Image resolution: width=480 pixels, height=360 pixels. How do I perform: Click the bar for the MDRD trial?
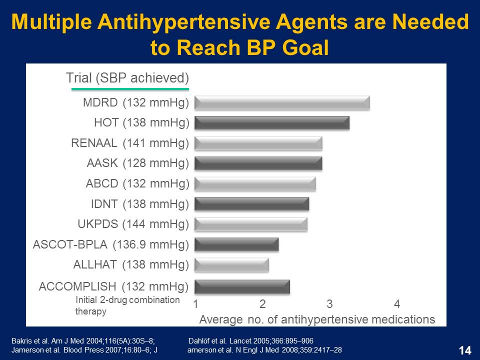pyautogui.click(x=281, y=103)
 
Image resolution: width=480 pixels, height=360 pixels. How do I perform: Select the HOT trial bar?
pyautogui.click(x=271, y=123)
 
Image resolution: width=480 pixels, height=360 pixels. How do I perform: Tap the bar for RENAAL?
pyautogui.click(x=258, y=143)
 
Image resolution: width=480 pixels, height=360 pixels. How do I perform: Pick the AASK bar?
pyautogui.click(x=258, y=163)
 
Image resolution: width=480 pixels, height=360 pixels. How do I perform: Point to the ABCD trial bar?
pyautogui.click(x=255, y=184)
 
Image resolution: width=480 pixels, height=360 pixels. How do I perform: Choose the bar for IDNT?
pyautogui.click(x=251, y=204)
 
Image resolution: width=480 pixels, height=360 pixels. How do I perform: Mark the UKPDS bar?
pyautogui.click(x=250, y=224)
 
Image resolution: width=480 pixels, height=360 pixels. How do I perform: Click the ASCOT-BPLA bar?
pyautogui.click(x=236, y=244)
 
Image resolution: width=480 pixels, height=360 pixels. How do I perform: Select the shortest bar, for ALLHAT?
pyautogui.click(x=231, y=264)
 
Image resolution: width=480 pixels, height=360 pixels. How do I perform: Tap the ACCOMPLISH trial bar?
pyautogui.click(x=242, y=287)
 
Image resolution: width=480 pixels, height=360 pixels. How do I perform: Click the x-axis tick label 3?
pyautogui.click(x=329, y=303)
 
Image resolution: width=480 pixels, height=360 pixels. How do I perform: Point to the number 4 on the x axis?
pyautogui.click(x=396, y=303)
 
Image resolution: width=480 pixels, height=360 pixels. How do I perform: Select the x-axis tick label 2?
pyautogui.click(x=262, y=303)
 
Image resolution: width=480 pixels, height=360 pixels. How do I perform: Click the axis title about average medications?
pyautogui.click(x=317, y=319)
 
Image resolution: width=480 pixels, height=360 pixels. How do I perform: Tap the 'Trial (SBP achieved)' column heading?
pyautogui.click(x=127, y=78)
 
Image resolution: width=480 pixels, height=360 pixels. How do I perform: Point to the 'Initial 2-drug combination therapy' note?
pyautogui.click(x=127, y=305)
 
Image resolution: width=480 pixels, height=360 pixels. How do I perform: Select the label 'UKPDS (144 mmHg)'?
pyautogui.click(x=133, y=224)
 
